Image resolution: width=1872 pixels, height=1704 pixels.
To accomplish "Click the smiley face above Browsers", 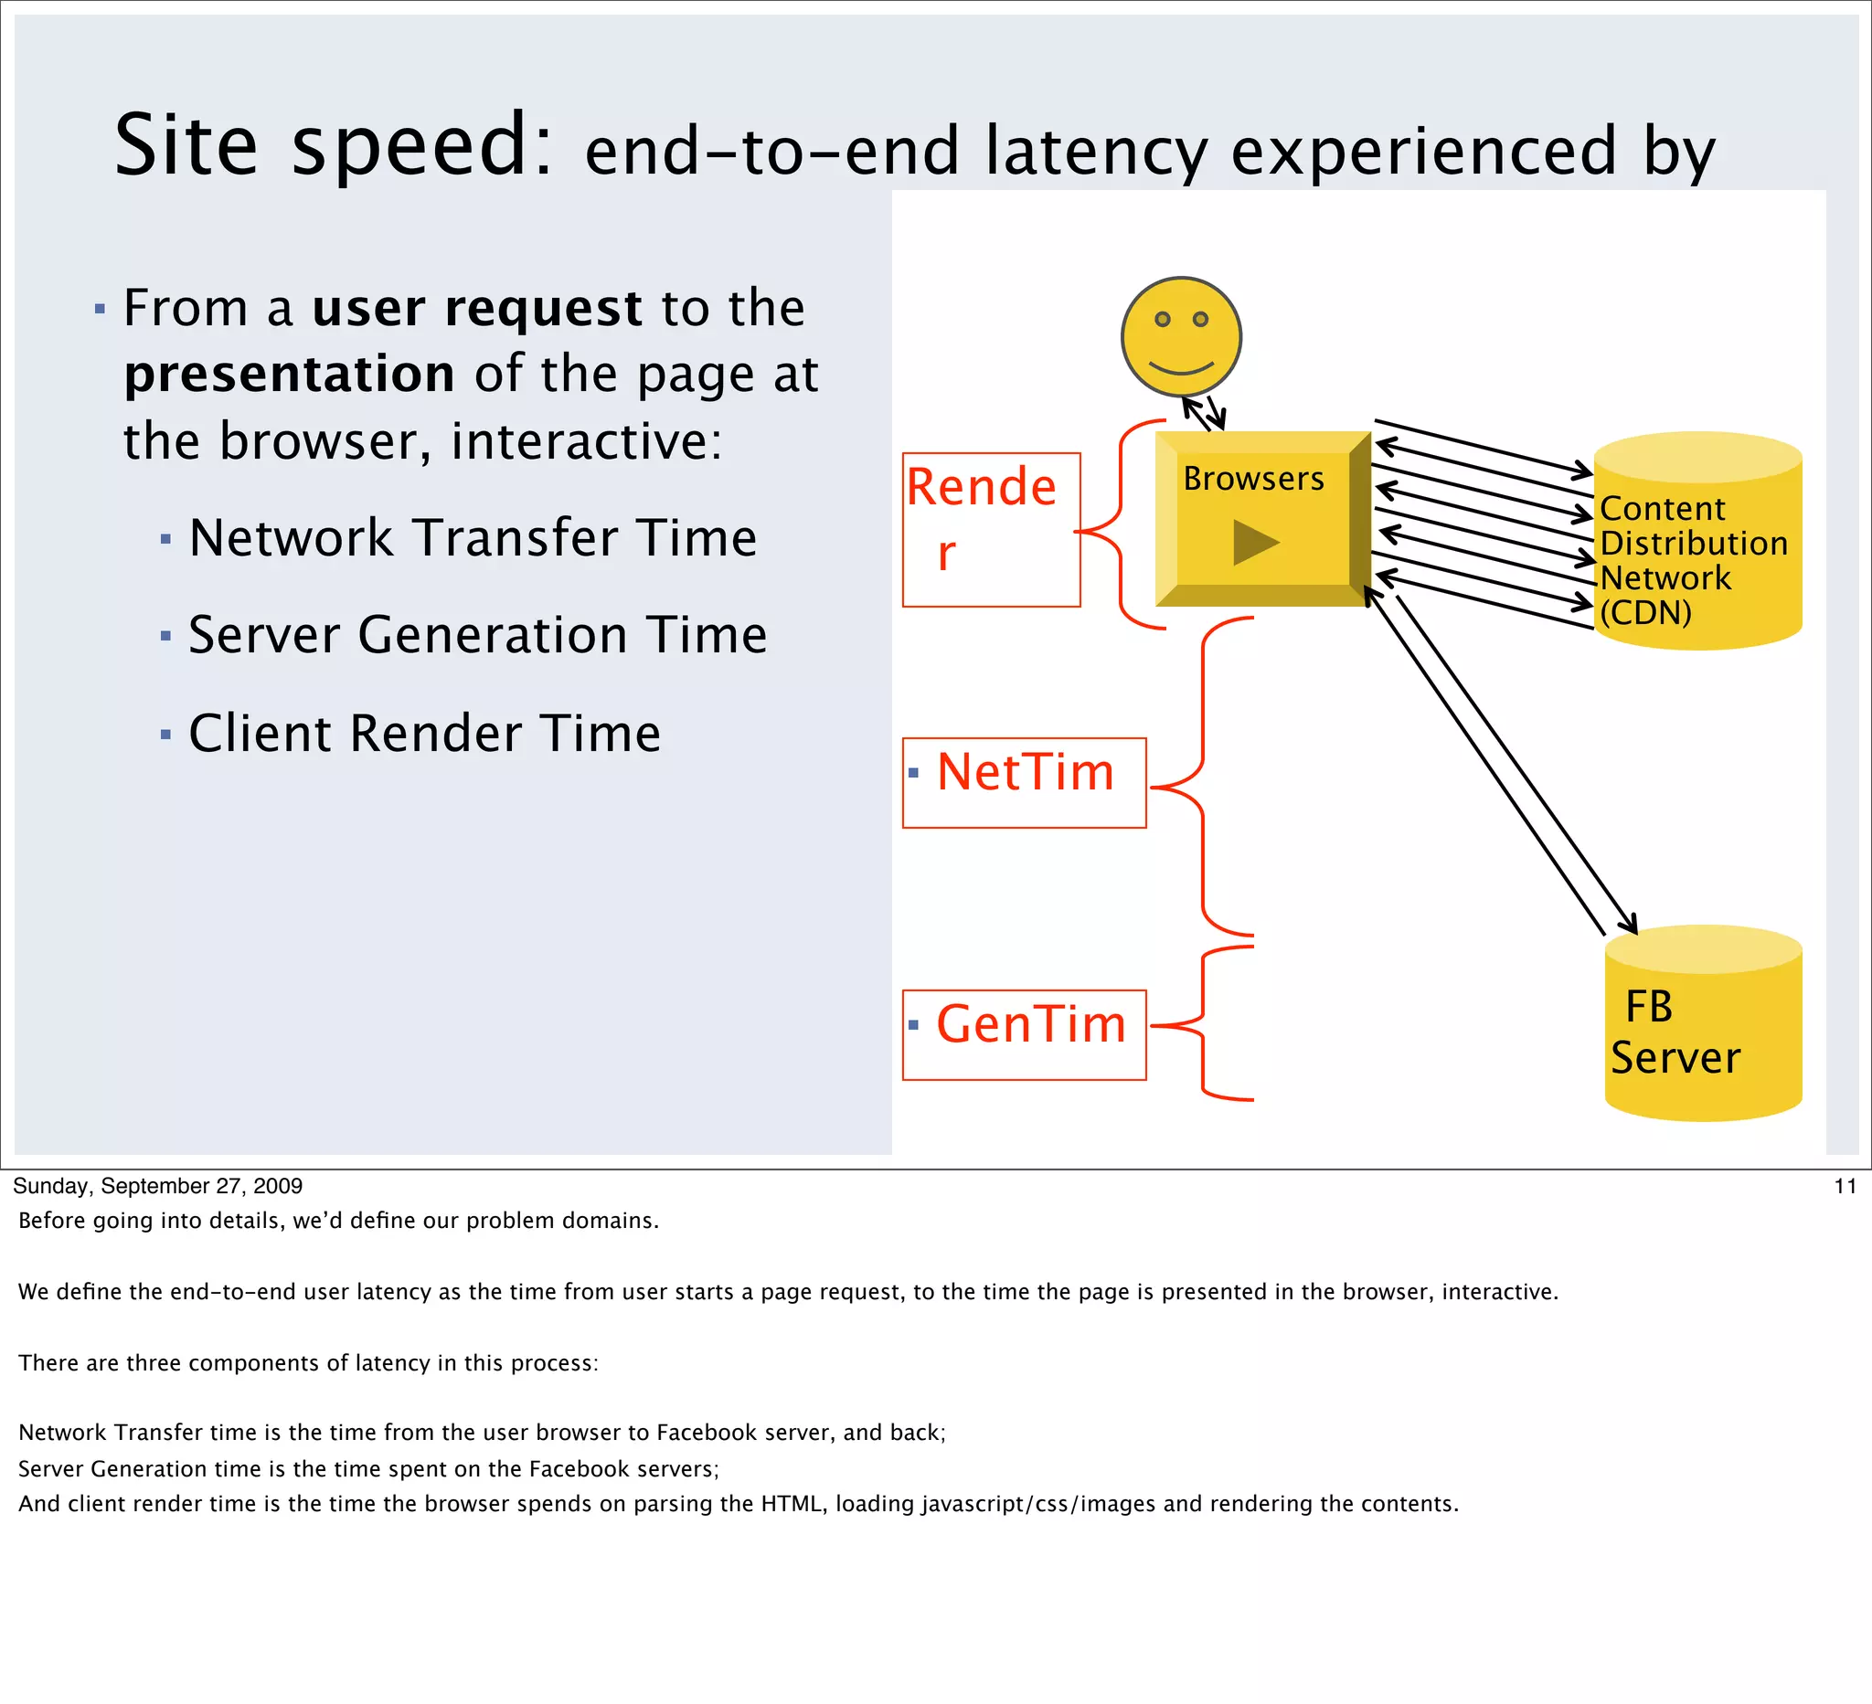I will [1181, 337].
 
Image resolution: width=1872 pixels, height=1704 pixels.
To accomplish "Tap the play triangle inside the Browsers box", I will [1254, 542].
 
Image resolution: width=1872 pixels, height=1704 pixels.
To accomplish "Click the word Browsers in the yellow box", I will [1252, 479].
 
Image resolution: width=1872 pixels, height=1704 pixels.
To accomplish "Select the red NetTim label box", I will [1025, 782].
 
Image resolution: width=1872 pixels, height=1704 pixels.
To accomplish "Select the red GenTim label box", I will [1025, 1035].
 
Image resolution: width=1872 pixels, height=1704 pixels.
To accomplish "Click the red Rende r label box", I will [991, 530].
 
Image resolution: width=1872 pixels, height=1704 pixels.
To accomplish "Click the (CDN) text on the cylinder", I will [1645, 612].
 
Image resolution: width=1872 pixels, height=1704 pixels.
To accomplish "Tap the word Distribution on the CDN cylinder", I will [1694, 543].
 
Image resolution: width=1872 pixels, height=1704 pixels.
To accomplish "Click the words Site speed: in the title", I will [335, 145].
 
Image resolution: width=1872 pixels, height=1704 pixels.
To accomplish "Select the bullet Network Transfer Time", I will [473, 538].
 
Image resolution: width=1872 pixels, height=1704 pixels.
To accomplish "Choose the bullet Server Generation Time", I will [477, 636].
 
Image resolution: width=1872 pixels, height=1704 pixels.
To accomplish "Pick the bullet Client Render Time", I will [424, 734].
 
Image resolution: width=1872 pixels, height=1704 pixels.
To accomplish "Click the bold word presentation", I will [290, 374].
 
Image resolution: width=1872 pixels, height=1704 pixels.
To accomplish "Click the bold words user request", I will [476, 308].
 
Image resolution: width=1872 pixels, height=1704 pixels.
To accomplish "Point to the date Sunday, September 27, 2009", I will [158, 1186].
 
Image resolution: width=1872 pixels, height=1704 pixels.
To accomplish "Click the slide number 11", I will [1845, 1186].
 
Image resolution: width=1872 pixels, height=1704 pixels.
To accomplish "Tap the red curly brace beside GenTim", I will [1204, 1024].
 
